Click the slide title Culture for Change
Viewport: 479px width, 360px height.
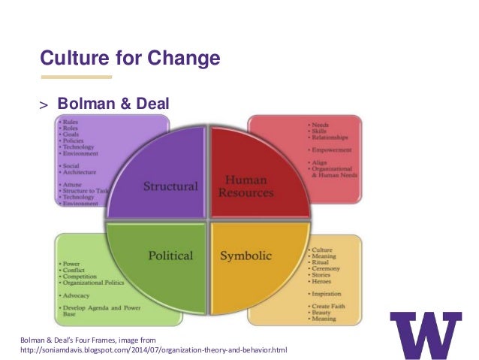tap(129, 58)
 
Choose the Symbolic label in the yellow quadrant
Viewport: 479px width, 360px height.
tap(246, 256)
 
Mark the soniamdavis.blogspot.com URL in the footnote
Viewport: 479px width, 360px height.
tap(153, 351)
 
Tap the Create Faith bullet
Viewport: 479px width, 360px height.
tap(329, 306)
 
